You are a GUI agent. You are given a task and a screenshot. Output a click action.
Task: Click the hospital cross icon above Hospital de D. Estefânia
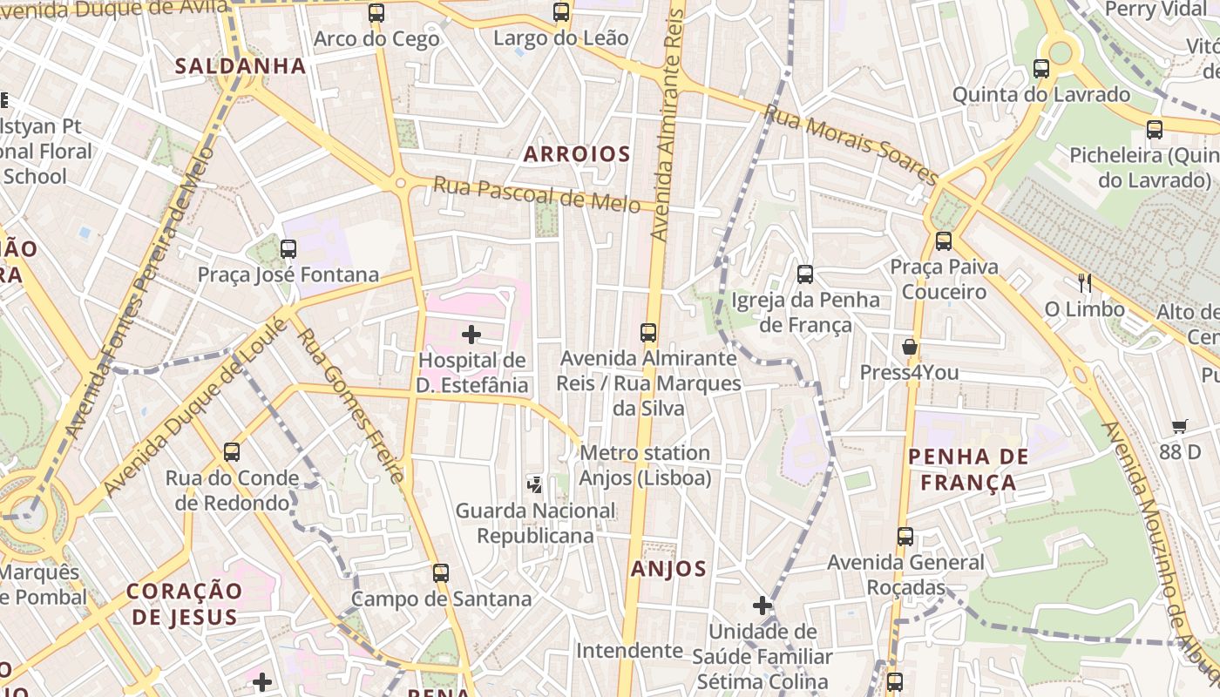[x=471, y=335]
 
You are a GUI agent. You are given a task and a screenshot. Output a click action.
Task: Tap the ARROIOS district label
[x=577, y=154]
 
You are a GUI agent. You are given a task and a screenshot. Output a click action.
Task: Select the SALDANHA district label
[x=241, y=66]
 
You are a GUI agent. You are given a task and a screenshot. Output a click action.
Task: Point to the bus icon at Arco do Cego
[x=376, y=13]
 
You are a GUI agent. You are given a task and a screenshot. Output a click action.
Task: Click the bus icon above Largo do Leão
[x=561, y=12]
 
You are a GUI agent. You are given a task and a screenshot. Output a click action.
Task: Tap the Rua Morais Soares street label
[x=851, y=145]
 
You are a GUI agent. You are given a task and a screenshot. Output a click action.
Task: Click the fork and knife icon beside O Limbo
[x=1085, y=282]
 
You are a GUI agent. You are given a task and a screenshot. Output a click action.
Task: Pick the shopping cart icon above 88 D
[x=1180, y=426]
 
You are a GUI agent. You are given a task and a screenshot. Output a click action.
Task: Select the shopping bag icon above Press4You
[x=910, y=347]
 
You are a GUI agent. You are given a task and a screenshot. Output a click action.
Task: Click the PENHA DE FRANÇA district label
[x=968, y=470]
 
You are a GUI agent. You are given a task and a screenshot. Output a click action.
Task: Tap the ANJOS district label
[x=668, y=570]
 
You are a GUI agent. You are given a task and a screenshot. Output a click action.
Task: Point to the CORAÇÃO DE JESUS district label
[x=183, y=604]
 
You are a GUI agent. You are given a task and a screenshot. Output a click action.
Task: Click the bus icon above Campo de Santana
[x=441, y=573]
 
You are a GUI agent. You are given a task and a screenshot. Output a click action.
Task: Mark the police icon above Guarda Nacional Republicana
[x=535, y=484]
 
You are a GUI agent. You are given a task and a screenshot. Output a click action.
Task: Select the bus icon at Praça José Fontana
[x=288, y=249]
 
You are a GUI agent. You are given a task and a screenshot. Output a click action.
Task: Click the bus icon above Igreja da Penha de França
[x=805, y=274]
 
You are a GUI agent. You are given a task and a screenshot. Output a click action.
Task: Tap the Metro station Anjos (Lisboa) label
[x=645, y=465]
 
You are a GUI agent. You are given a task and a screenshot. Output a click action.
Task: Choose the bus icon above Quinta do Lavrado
[x=1041, y=69]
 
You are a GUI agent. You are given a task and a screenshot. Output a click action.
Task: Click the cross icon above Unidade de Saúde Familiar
[x=762, y=606]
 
